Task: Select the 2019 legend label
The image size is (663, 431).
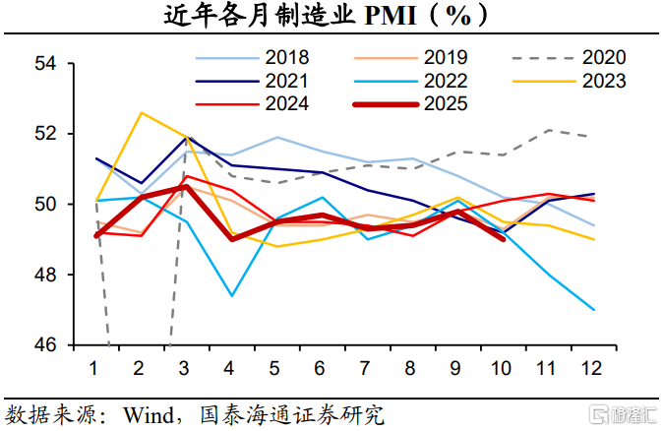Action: tap(444, 58)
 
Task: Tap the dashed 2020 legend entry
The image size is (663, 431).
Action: tap(602, 58)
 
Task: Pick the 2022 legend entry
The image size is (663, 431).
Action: tap(444, 81)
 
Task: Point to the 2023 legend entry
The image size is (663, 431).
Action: tap(602, 81)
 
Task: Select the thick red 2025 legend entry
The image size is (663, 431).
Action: tap(444, 103)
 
